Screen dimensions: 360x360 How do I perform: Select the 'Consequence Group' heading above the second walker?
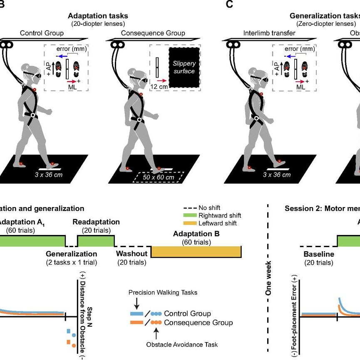[153, 33]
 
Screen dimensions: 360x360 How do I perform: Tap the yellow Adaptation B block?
[196, 252]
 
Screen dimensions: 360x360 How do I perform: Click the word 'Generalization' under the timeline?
[71, 253]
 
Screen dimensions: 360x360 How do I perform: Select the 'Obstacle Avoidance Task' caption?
[182, 344]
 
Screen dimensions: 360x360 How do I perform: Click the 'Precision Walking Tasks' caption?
[162, 292]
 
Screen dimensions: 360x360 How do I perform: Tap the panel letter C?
[229, 4]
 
